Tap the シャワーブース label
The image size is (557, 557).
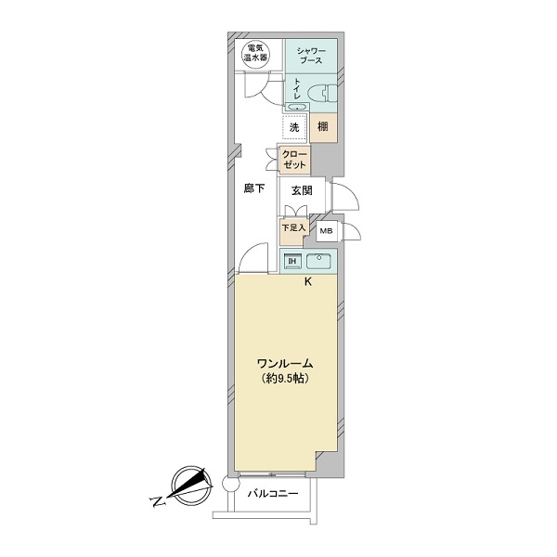click(x=311, y=56)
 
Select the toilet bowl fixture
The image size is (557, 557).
click(x=322, y=93)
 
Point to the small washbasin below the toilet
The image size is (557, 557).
click(x=297, y=107)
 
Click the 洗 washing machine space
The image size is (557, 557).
click(x=294, y=127)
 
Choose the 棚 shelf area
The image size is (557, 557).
click(x=323, y=127)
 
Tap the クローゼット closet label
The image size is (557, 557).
click(x=294, y=160)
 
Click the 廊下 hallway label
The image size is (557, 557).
click(x=254, y=188)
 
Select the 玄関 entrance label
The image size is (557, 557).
click(x=302, y=190)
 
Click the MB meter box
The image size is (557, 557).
click(x=327, y=231)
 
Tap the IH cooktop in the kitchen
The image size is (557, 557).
click(x=292, y=262)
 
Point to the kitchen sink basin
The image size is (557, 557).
click(x=318, y=262)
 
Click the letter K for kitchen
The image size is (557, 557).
click(x=308, y=282)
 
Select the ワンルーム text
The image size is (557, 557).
click(x=285, y=364)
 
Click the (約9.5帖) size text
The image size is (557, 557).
click(x=285, y=379)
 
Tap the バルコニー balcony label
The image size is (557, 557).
click(x=273, y=494)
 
